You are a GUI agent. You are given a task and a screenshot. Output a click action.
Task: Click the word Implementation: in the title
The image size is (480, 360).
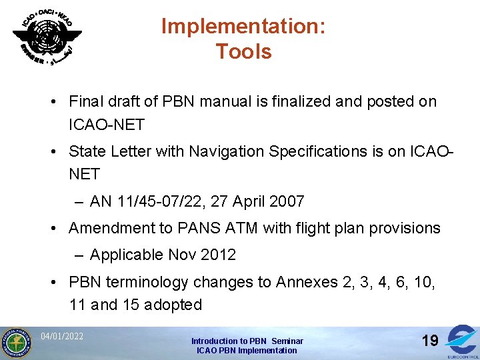243,27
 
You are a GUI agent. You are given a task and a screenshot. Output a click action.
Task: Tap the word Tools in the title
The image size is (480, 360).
243,51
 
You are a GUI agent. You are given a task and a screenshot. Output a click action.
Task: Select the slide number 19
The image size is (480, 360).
430,341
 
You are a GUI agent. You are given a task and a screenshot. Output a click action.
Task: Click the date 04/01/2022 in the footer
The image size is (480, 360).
62,336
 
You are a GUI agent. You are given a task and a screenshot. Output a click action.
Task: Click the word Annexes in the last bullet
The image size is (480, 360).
307,282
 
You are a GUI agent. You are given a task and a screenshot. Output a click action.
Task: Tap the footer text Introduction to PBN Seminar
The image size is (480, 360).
247,341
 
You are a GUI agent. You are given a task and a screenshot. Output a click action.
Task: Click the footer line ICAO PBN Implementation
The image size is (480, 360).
247,350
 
